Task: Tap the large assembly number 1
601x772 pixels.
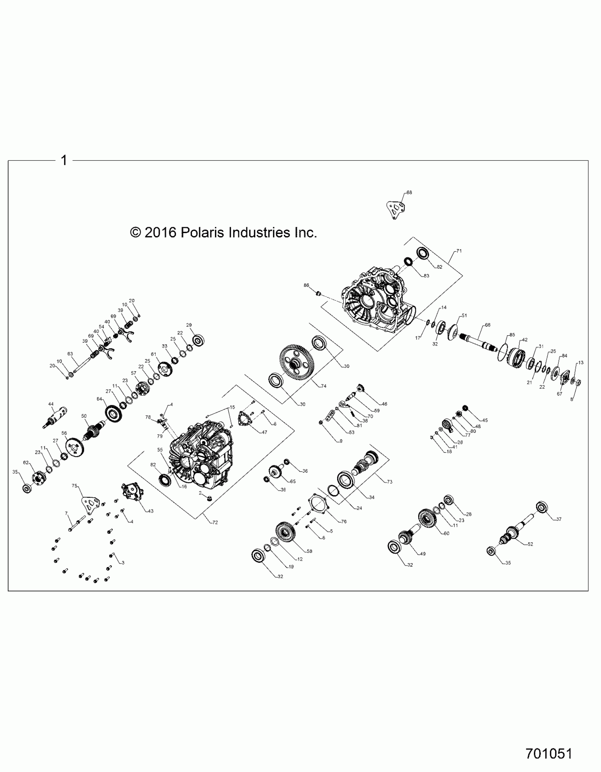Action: pyautogui.click(x=64, y=160)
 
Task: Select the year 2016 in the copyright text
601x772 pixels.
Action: pyautogui.click(x=161, y=232)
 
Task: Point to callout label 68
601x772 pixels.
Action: pyautogui.click(x=409, y=193)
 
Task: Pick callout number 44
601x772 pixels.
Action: pyautogui.click(x=51, y=404)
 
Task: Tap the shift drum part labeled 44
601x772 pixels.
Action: pyautogui.click(x=56, y=418)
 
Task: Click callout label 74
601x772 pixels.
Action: pyautogui.click(x=323, y=386)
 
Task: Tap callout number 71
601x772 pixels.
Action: pyautogui.click(x=459, y=251)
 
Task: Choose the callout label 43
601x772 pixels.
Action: pyautogui.click(x=151, y=511)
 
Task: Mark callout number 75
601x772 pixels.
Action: pyautogui.click(x=75, y=486)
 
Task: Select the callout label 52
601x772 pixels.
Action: pyautogui.click(x=530, y=544)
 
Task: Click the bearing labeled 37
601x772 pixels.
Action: pyautogui.click(x=542, y=507)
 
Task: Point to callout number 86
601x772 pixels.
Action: pyautogui.click(x=306, y=285)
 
